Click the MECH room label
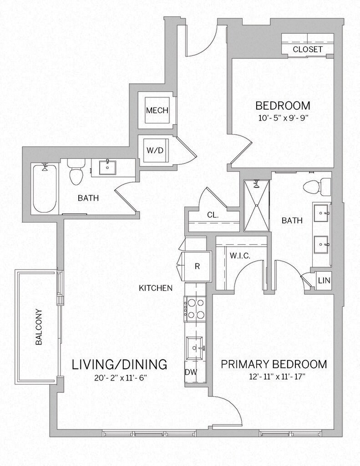click(157, 111)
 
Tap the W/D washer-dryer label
click(155, 150)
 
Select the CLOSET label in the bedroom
click(307, 49)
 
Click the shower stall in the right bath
click(256, 205)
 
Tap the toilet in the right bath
click(317, 187)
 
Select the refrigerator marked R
click(197, 266)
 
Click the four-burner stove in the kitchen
click(195, 309)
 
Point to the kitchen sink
click(195, 348)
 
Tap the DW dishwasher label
click(191, 372)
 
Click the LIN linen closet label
click(324, 280)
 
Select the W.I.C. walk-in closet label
click(239, 256)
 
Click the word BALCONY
click(39, 327)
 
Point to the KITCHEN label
click(156, 288)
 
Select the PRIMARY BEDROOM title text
click(274, 364)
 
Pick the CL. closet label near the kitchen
click(213, 215)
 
